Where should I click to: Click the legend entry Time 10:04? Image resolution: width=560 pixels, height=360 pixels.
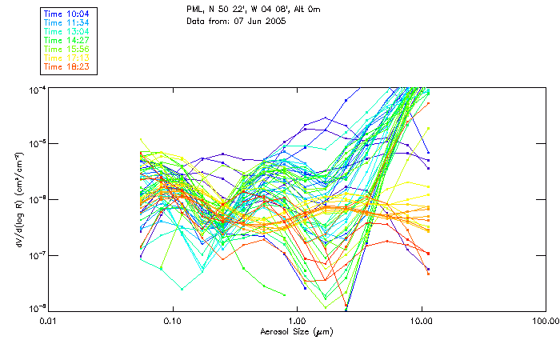coord(67,14)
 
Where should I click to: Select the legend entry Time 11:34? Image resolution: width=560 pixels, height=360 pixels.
coord(67,22)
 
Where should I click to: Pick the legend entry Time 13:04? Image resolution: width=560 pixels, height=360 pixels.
coord(67,31)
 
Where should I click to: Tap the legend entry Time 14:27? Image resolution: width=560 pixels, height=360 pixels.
coord(67,40)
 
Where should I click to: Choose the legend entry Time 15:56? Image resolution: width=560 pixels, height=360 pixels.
coord(67,49)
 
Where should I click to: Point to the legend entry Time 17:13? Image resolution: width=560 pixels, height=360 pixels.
coord(67,58)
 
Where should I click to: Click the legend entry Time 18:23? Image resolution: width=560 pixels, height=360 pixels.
coord(67,66)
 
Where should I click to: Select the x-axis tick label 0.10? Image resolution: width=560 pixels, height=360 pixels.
coord(174,321)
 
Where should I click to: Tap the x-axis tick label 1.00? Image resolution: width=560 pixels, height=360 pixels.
coord(298,321)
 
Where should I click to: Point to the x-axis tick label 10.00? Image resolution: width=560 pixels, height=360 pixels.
coord(422,321)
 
